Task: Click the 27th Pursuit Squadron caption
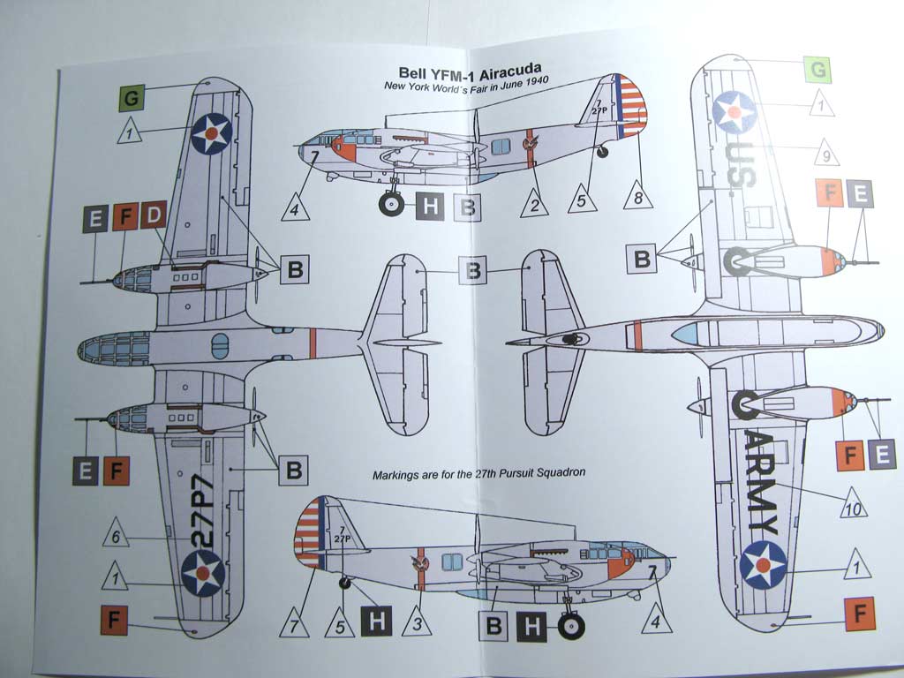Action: coord(479,474)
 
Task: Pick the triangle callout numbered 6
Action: coord(116,535)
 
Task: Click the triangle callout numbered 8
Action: coord(639,195)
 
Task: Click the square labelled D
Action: coord(154,216)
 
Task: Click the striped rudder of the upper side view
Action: coord(630,106)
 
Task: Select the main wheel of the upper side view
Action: coord(391,205)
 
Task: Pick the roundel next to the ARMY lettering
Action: coord(764,564)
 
